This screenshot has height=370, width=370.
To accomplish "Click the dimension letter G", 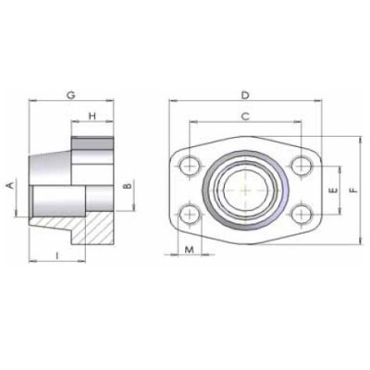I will pyautogui.click(x=71, y=95).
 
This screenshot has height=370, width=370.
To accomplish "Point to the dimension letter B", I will pyautogui.click(x=128, y=190).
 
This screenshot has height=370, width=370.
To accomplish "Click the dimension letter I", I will pyautogui.click(x=57, y=254).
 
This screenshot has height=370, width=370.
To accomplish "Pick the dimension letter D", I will pyautogui.click(x=245, y=95).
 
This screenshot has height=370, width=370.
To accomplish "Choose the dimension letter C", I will pyautogui.click(x=245, y=117).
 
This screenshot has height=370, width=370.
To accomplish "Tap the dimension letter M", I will pyautogui.click(x=190, y=251).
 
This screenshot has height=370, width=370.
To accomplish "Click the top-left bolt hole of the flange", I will pyautogui.click(x=191, y=166).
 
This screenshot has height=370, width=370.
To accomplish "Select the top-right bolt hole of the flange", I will pyautogui.click(x=300, y=166).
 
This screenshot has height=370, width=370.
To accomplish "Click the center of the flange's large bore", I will pyautogui.click(x=245, y=190).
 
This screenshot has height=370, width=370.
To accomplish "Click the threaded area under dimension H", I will pyautogui.click(x=93, y=148).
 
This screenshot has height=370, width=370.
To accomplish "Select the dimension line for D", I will pyautogui.click(x=213, y=102).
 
